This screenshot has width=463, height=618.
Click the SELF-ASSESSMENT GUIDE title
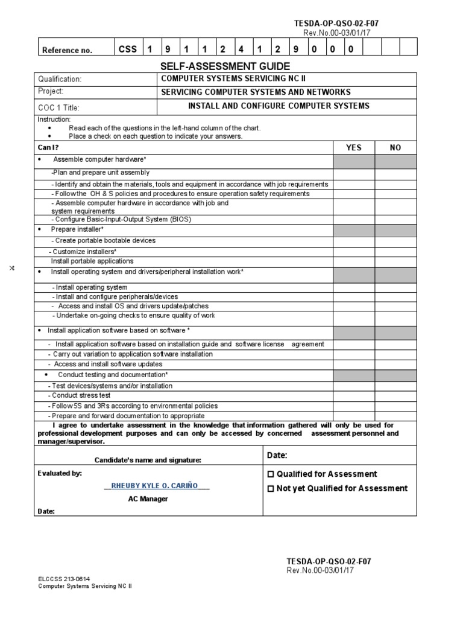click(x=225, y=66)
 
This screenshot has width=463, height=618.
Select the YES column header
click(x=353, y=148)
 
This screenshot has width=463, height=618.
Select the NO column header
click(x=395, y=148)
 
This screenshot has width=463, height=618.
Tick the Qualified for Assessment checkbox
click(x=271, y=474)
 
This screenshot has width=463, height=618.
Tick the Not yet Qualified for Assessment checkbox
click(x=271, y=489)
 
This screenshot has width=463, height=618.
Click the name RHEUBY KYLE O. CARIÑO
click(x=156, y=486)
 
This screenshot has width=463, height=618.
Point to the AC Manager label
click(x=148, y=499)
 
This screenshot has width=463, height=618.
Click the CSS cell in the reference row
click(x=127, y=49)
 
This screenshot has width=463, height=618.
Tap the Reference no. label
click(x=67, y=50)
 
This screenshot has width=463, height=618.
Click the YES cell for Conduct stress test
click(x=353, y=396)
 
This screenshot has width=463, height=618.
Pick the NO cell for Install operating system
click(x=395, y=288)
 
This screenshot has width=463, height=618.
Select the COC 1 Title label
click(x=58, y=108)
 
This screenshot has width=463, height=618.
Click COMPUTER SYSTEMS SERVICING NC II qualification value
click(x=224, y=79)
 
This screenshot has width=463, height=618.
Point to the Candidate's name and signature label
click(x=148, y=460)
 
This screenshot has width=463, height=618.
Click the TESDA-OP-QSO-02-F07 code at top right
click(x=336, y=24)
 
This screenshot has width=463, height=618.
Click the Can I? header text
click(x=48, y=148)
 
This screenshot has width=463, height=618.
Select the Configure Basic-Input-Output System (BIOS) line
click(x=121, y=220)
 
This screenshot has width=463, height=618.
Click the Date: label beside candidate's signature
click(x=277, y=455)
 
